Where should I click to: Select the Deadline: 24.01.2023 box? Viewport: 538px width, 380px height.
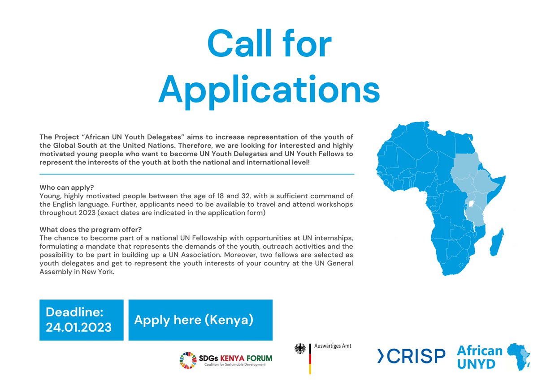(81, 320)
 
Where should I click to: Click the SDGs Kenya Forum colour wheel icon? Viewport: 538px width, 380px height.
(188, 361)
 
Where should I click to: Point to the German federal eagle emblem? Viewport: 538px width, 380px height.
(300, 350)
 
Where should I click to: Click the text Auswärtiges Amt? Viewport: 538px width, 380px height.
(332, 346)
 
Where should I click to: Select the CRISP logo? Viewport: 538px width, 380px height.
(411, 356)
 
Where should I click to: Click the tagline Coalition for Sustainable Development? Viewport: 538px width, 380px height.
(234, 365)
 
